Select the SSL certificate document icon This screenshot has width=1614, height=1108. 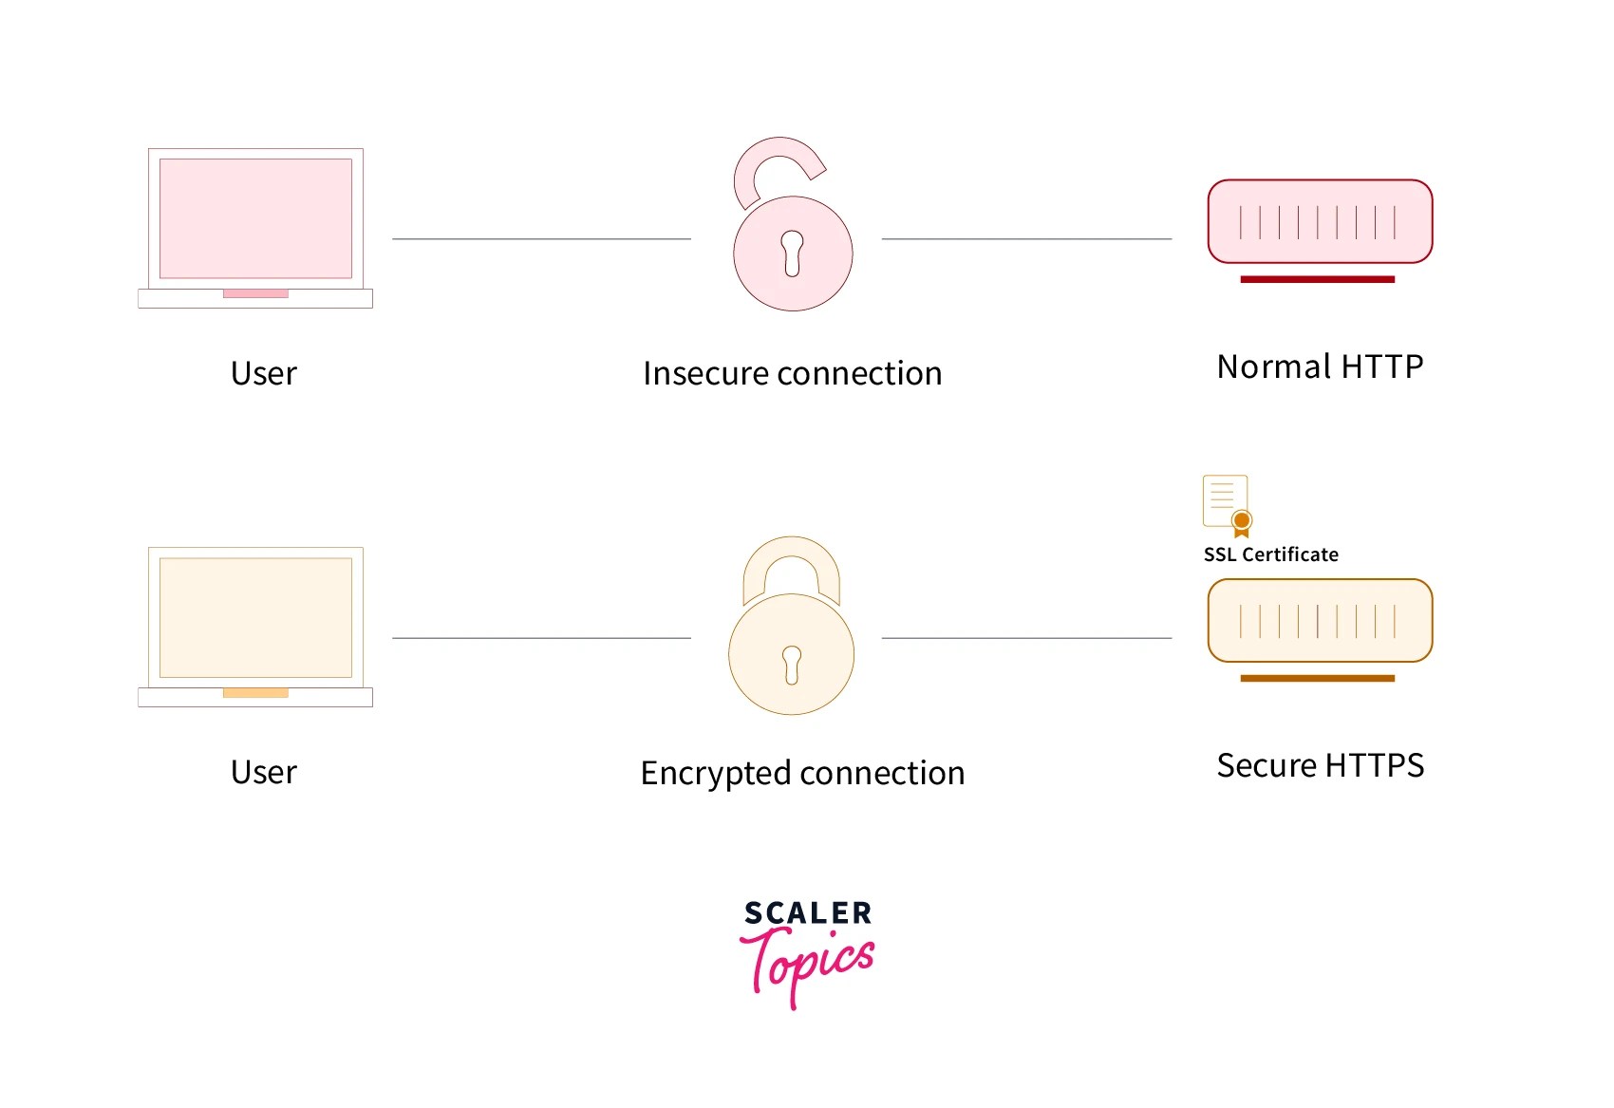[x=1227, y=504]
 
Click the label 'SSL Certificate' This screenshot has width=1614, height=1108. [x=1270, y=554]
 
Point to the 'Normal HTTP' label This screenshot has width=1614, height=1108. [x=1320, y=366]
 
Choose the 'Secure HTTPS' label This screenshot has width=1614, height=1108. [x=1320, y=765]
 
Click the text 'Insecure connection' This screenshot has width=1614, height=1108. [x=792, y=373]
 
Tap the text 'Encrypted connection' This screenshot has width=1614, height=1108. [x=802, y=773]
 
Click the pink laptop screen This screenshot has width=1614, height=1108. [x=255, y=218]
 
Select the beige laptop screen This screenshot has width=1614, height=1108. [x=255, y=617]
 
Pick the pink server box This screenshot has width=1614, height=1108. [x=1320, y=221]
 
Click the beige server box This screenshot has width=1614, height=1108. [x=1320, y=620]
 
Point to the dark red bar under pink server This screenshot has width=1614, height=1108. [x=1317, y=279]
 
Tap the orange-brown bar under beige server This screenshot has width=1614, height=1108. [x=1317, y=678]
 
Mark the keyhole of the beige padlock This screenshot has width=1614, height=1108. [x=792, y=664]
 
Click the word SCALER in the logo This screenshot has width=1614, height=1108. [x=808, y=913]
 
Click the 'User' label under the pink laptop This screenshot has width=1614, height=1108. [x=263, y=373]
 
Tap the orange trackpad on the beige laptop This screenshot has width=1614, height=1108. [x=255, y=693]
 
